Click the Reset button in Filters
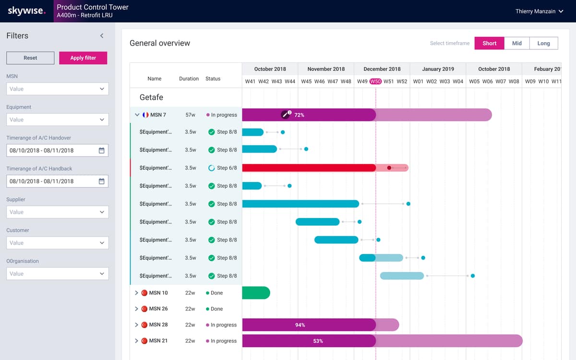(x=30, y=58)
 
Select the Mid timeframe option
(x=516, y=43)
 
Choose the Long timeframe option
(x=543, y=43)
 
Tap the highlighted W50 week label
(x=375, y=81)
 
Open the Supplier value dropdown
(x=57, y=212)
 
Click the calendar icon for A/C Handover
(x=102, y=150)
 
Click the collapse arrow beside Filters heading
(x=102, y=36)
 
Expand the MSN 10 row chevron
(x=136, y=293)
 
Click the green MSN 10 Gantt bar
(x=256, y=293)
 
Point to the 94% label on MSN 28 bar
(x=300, y=325)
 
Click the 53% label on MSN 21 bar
(x=318, y=341)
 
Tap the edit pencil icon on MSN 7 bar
(x=285, y=115)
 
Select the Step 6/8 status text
(x=227, y=168)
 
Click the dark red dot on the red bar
(x=389, y=168)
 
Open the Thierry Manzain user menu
(x=539, y=12)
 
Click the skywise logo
(x=26, y=11)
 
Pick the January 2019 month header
(x=438, y=69)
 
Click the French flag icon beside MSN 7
(x=145, y=115)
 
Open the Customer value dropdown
(x=57, y=243)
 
